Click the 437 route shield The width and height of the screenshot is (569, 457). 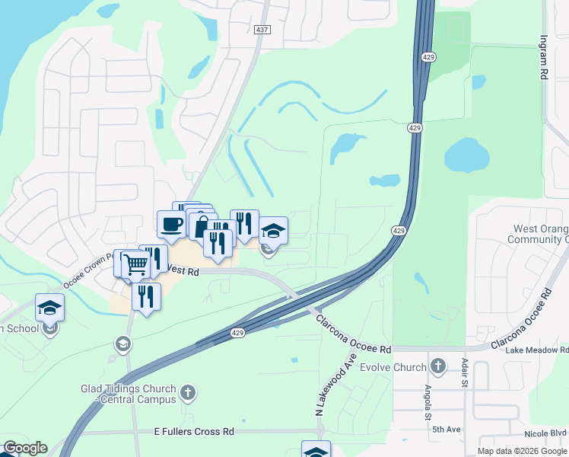point(262,29)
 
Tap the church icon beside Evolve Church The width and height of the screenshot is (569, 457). point(437,367)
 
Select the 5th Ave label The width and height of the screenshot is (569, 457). point(447,430)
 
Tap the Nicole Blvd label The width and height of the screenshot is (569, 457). point(546,433)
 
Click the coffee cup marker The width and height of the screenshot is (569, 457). point(171,224)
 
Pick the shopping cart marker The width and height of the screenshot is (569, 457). point(135,265)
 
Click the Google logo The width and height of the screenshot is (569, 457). point(24,448)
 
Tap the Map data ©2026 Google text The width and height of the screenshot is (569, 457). point(522,451)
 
